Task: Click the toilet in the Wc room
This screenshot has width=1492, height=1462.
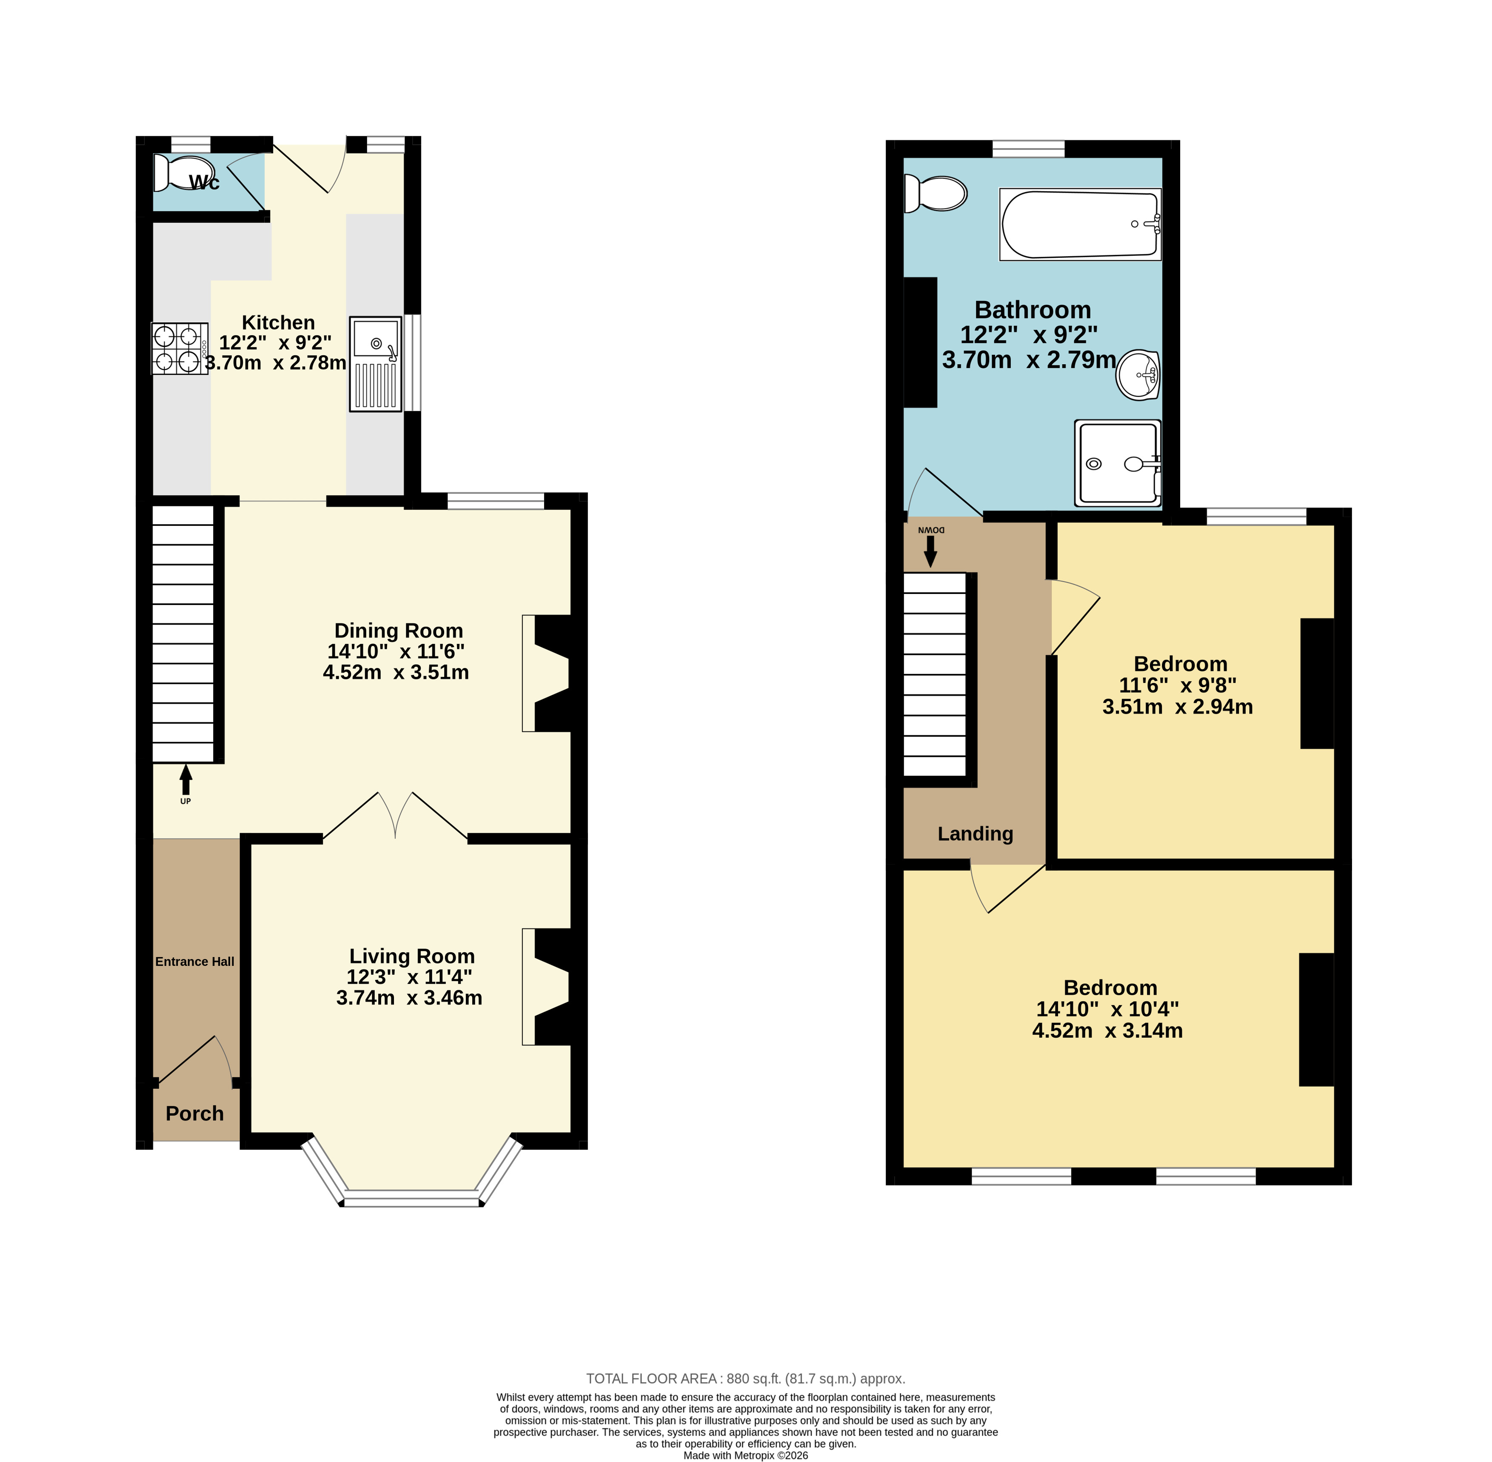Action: [183, 173]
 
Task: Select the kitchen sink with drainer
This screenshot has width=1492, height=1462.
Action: [376, 364]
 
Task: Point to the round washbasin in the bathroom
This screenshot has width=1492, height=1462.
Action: [1137, 375]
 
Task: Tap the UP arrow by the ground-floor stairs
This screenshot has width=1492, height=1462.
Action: [185, 780]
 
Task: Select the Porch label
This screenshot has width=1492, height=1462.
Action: [195, 1114]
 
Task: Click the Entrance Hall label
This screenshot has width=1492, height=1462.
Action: [195, 961]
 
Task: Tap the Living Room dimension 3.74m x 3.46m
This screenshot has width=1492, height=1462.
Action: [409, 997]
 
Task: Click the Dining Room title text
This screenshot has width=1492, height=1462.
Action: [399, 631]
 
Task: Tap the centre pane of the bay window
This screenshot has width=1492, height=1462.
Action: [411, 1198]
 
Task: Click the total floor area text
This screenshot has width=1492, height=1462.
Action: [746, 1378]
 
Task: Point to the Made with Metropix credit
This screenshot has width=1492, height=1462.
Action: [746, 1455]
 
